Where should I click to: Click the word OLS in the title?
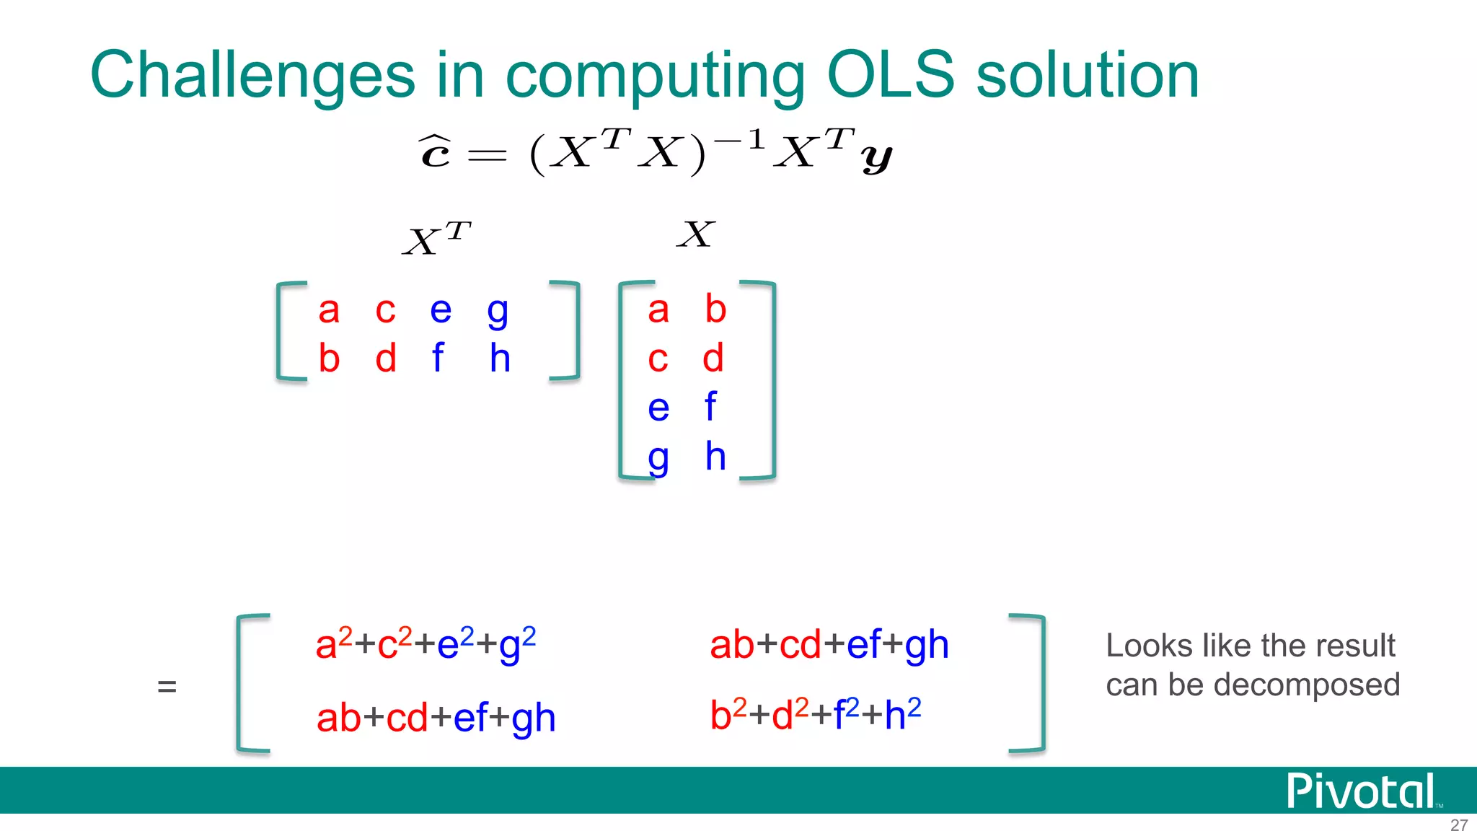(x=891, y=76)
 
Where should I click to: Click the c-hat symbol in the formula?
(x=436, y=151)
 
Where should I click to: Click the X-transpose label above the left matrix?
(x=436, y=239)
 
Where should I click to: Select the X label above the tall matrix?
(x=696, y=234)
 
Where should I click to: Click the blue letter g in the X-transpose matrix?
(x=498, y=312)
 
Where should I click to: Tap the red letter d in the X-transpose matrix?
(x=386, y=358)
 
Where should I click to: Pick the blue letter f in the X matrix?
(x=710, y=406)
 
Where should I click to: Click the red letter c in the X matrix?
(x=658, y=359)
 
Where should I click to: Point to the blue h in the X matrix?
(x=715, y=456)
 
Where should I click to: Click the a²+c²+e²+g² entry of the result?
(x=426, y=643)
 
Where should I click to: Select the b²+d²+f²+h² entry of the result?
(x=815, y=715)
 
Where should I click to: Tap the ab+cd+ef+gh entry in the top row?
(x=829, y=644)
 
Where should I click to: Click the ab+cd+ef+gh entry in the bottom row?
(x=436, y=718)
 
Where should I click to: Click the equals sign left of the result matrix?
(x=167, y=686)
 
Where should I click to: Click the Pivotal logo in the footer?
(x=1361, y=791)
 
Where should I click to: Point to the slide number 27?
(x=1458, y=824)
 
